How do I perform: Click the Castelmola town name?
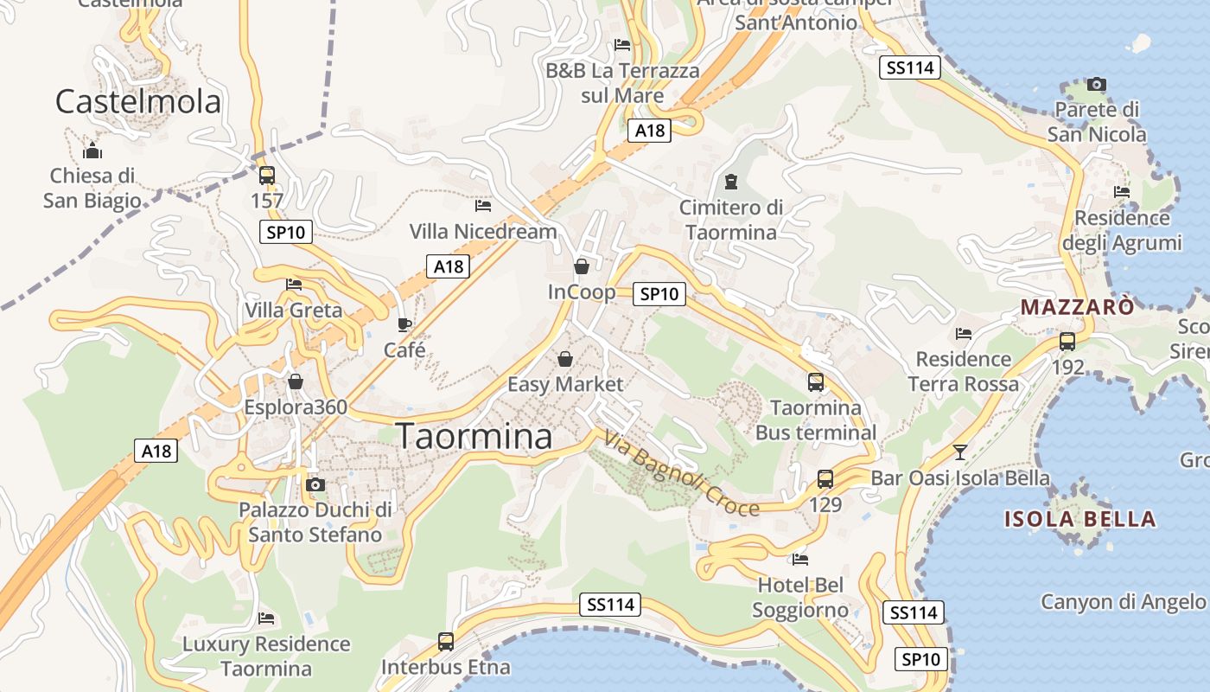[138, 102]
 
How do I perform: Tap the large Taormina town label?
[474, 436]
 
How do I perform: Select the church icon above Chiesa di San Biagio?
[92, 151]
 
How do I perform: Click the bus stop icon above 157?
[267, 176]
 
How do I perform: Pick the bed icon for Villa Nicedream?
[483, 206]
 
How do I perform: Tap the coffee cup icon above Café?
[404, 324]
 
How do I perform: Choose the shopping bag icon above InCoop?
[582, 266]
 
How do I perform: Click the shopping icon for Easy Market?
[564, 358]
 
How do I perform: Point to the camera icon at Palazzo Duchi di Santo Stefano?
[315, 484]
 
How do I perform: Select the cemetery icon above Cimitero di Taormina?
[731, 182]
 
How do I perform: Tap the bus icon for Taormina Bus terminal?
[815, 381]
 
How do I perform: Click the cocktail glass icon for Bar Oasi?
[959, 452]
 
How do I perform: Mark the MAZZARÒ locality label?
[1077, 307]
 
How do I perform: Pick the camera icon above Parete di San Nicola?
[1097, 84]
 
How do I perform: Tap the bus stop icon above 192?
[1067, 341]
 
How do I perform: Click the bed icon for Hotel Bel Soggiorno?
[800, 560]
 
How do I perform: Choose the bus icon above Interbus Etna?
[446, 642]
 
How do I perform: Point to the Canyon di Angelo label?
[1122, 601]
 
